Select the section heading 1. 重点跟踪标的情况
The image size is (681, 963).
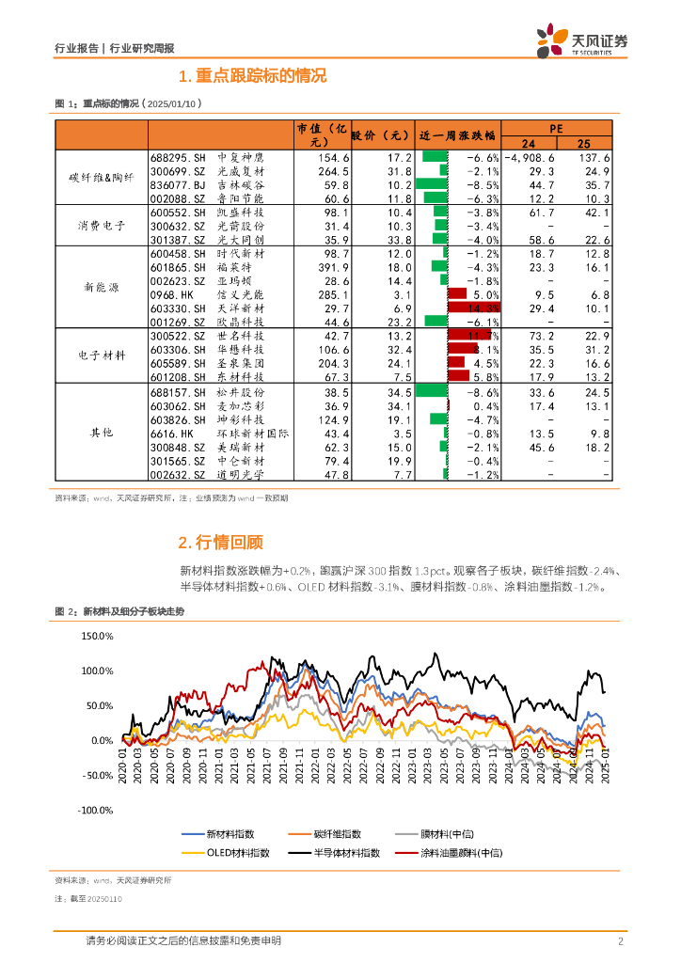(252, 76)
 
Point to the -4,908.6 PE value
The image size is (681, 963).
(530, 158)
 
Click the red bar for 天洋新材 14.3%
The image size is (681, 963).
(474, 308)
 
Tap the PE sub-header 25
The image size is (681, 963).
(583, 143)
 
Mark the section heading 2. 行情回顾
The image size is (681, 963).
(221, 542)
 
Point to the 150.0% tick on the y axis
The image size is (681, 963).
(97, 637)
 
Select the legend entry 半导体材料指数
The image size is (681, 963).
(346, 852)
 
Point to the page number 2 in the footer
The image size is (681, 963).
(621, 941)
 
